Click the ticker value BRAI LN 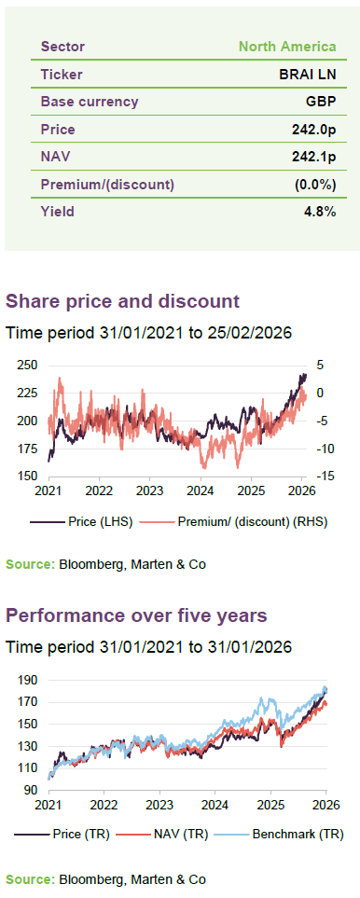[x=311, y=75]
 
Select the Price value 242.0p [x=313, y=130]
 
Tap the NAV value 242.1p [x=313, y=157]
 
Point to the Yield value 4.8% [x=320, y=212]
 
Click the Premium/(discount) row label [x=107, y=185]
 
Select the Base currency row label [x=90, y=103]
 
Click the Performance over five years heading [x=136, y=616]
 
